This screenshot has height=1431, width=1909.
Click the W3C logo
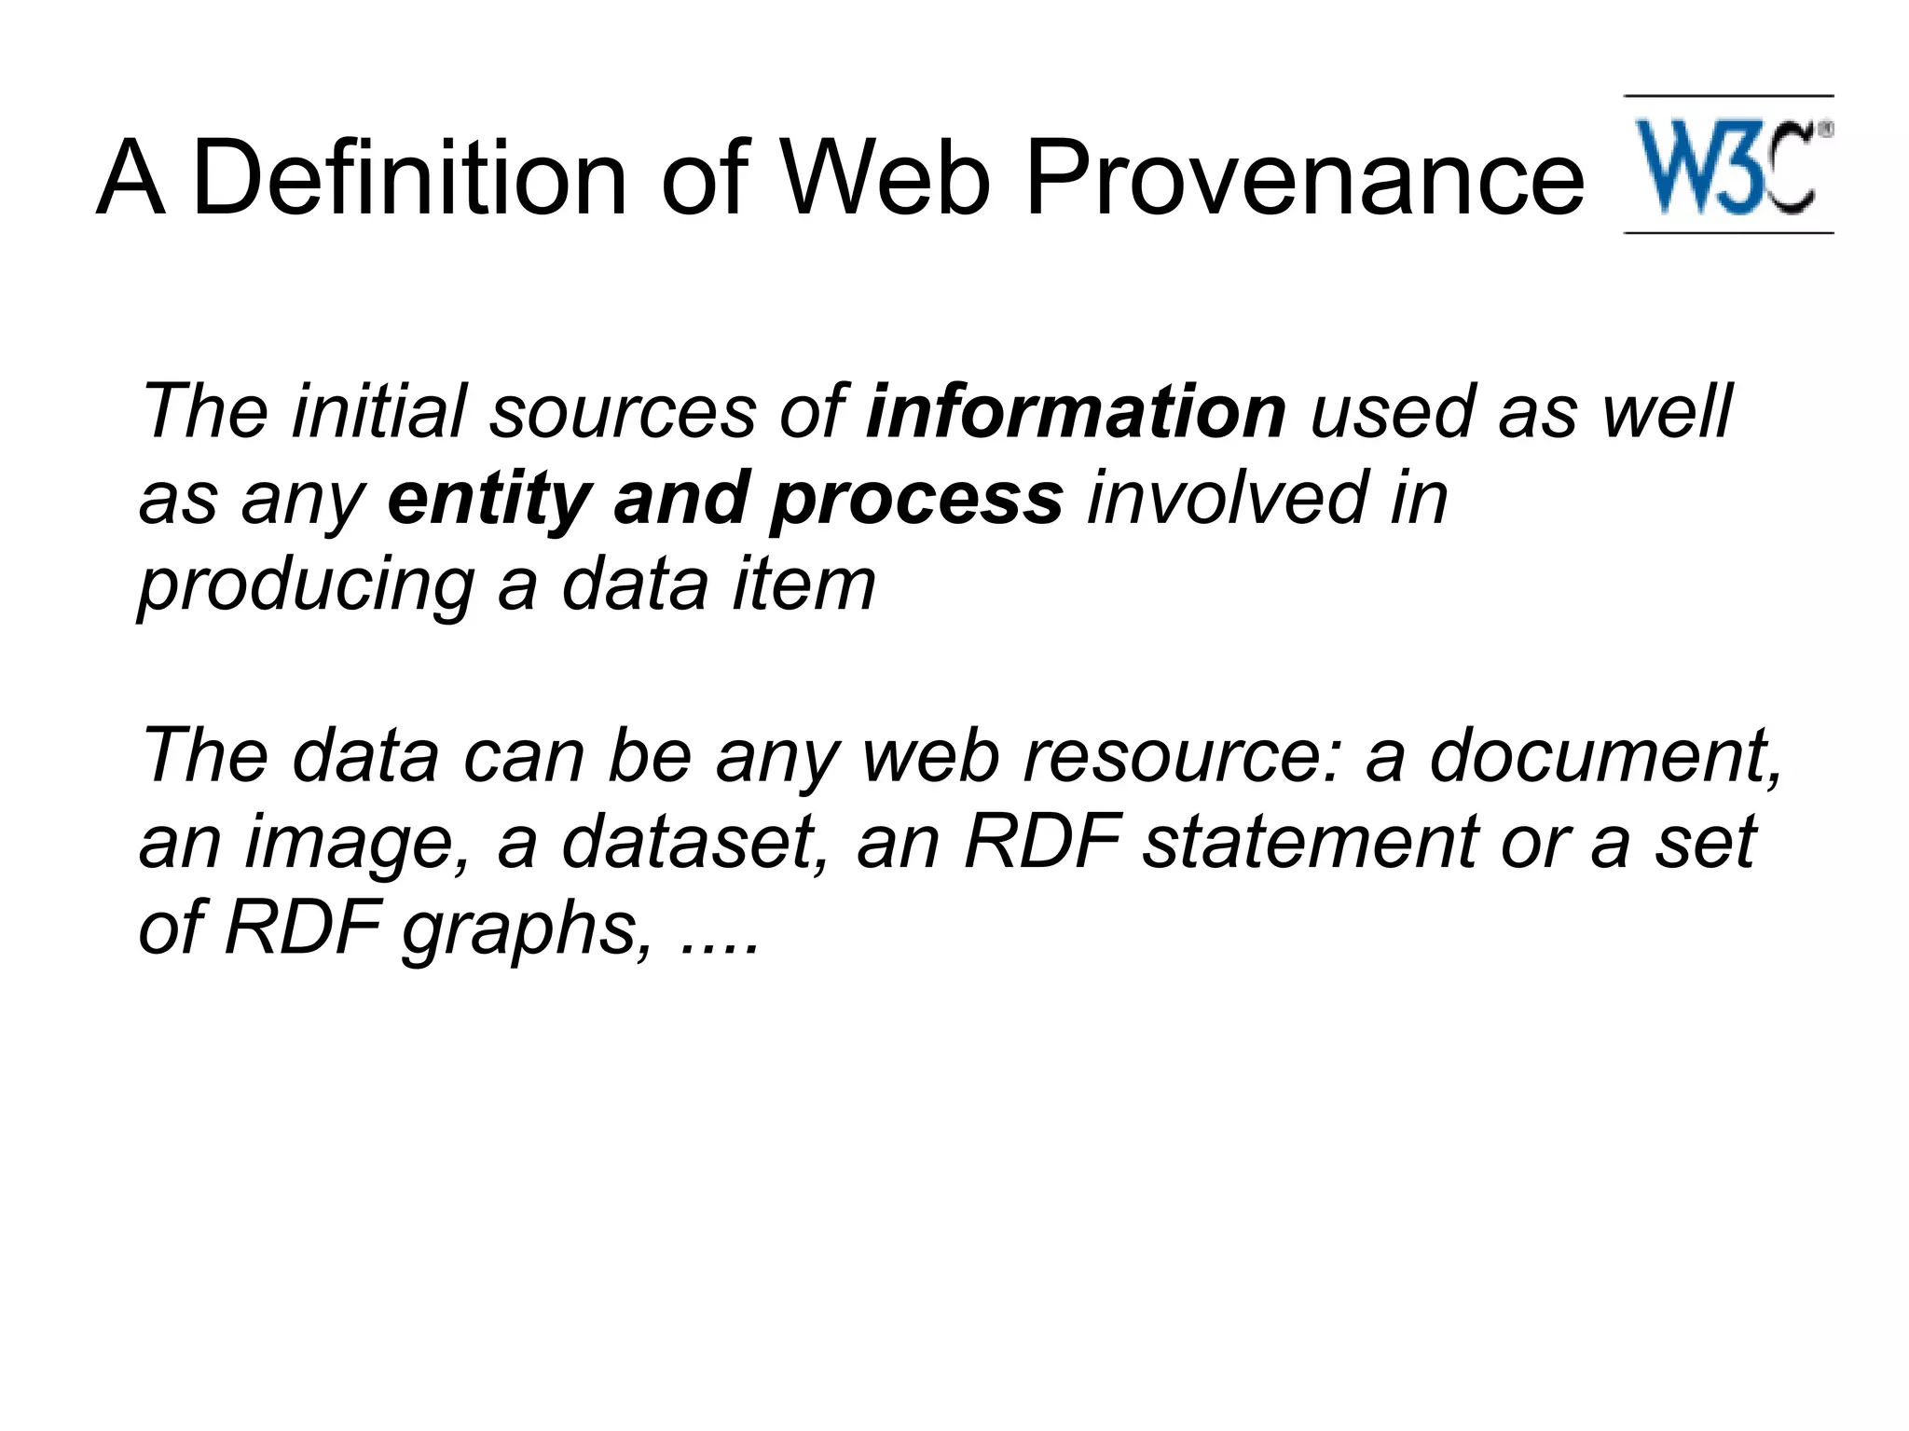[1729, 166]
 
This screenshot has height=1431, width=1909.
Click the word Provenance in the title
[1304, 177]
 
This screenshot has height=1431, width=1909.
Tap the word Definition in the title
[410, 177]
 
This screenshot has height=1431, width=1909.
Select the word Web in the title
[885, 177]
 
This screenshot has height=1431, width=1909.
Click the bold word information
[1076, 411]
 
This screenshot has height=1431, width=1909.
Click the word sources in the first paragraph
[623, 411]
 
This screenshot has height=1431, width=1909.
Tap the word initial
[378, 411]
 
